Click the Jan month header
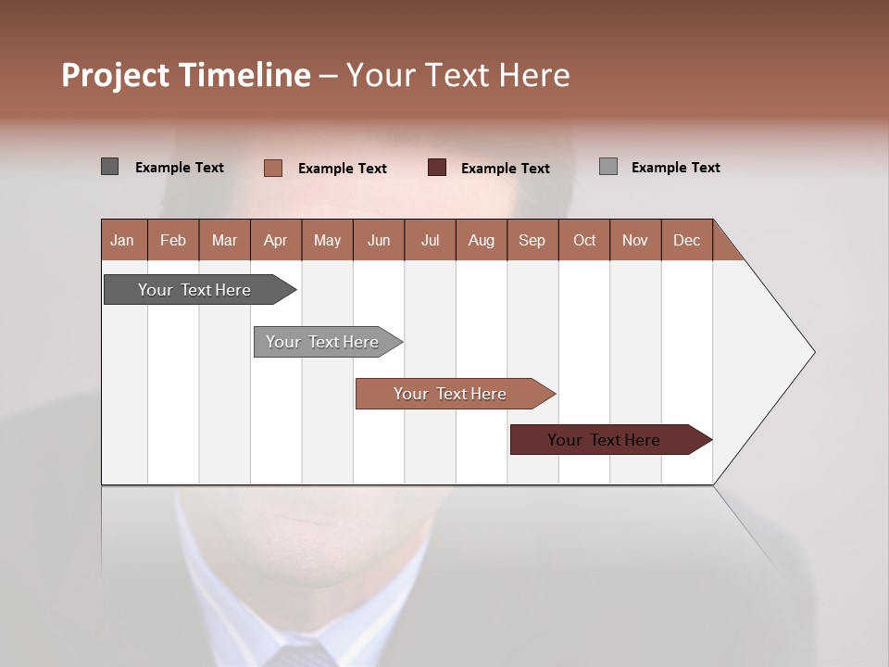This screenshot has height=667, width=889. (122, 240)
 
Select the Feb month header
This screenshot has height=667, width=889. (173, 240)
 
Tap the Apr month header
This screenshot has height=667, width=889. (275, 240)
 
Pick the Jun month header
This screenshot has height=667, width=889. (379, 240)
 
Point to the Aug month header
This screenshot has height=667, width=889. (481, 240)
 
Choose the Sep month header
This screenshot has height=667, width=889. (532, 240)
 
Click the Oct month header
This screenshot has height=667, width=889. (584, 240)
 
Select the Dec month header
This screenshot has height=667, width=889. (686, 240)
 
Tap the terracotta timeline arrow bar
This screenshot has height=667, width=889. (451, 394)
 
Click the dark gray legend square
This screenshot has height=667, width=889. (109, 167)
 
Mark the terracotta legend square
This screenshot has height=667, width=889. (272, 168)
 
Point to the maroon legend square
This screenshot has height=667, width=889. (437, 167)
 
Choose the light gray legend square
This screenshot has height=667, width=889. (607, 167)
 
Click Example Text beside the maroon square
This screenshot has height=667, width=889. (505, 169)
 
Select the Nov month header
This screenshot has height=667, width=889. (634, 240)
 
